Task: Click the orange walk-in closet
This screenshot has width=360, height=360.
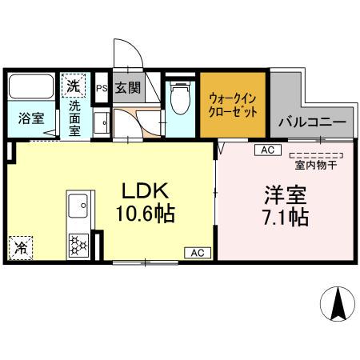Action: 233,106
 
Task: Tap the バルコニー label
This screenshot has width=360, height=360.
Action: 311,124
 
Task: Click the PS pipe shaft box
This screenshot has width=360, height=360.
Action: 102,88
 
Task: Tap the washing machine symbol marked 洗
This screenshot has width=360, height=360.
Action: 73,83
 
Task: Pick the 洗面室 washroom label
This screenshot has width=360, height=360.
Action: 74,118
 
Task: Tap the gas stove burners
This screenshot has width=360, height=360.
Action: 80,243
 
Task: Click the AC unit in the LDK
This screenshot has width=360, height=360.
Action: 197,253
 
